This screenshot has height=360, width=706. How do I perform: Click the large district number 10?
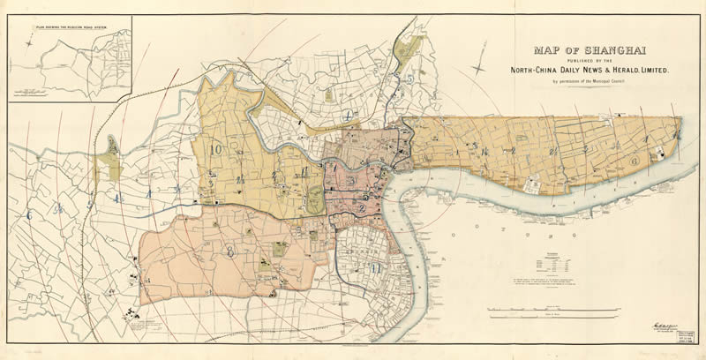coord(216,149)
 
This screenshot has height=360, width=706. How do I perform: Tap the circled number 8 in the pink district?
coord(231,251)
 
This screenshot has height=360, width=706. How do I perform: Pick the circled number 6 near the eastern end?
coord(634,161)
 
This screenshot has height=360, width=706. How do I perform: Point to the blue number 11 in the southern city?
coord(377,267)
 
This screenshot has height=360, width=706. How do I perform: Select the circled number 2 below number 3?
coord(363,197)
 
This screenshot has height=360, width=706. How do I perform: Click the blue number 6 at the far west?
coord(29,214)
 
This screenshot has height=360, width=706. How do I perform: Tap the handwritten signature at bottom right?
coord(663,326)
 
